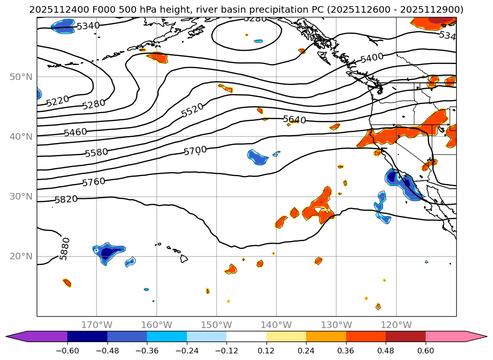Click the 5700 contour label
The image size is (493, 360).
point(195,151)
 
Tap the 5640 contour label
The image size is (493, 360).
point(294,120)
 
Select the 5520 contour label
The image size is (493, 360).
point(193,110)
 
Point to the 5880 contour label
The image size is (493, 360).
point(65,248)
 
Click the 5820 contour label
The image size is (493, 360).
point(66,200)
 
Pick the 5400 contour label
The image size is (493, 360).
point(372,58)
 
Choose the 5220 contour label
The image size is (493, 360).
point(57,101)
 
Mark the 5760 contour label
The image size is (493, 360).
point(94,182)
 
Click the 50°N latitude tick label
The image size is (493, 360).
point(21,77)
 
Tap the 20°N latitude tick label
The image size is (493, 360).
point(21,256)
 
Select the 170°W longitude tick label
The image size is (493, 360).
point(97,325)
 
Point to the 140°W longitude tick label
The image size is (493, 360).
point(276,325)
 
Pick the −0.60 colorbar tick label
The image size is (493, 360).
point(67,351)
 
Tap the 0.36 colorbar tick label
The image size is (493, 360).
point(346,351)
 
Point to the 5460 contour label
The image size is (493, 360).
point(75,132)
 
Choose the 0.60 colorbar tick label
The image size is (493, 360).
point(426,351)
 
